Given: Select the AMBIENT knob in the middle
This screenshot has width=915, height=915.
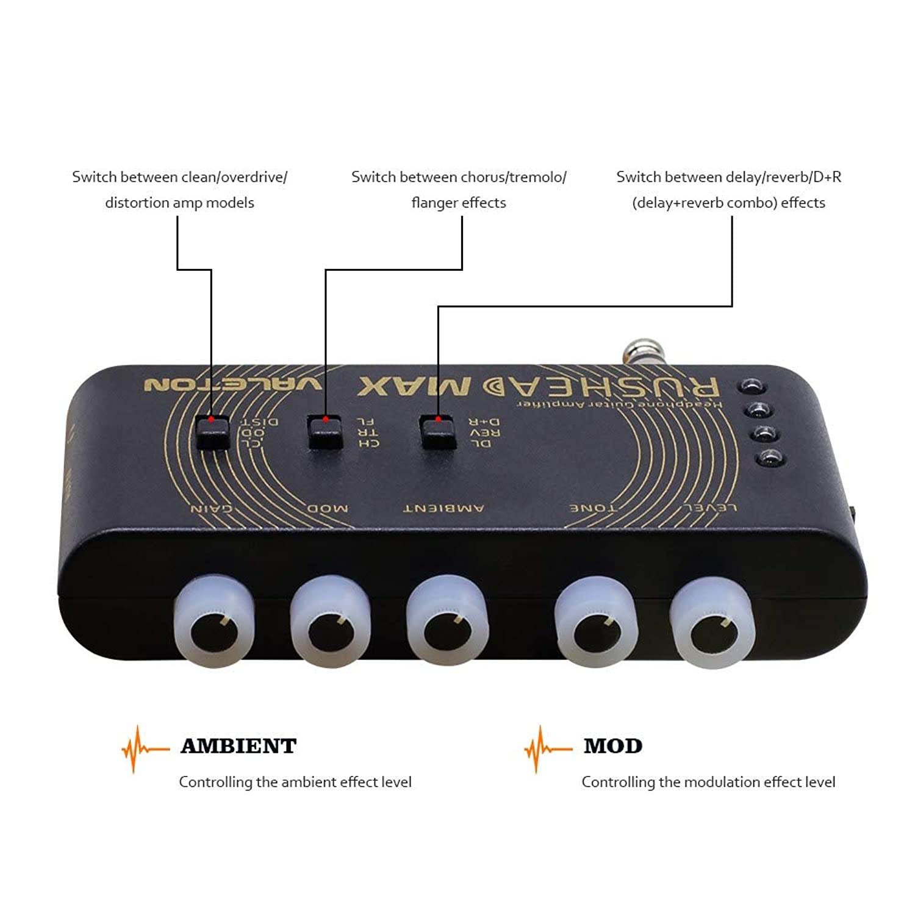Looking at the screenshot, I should pos(447,622).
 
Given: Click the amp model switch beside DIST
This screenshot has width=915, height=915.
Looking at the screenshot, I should pos(213,433).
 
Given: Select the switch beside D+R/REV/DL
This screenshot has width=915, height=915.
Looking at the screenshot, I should pos(438,432).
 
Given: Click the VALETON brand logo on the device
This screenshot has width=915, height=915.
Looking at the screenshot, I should pos(233,384).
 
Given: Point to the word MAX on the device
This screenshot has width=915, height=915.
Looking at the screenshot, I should pos(415,386).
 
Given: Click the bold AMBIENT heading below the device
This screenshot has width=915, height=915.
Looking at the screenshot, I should pos(238,745).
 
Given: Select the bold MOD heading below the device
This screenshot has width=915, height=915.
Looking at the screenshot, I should pos(612,745).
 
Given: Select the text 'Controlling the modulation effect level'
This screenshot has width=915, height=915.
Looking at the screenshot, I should pos(708,782).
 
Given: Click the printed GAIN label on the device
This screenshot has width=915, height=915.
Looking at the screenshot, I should pos(211,508).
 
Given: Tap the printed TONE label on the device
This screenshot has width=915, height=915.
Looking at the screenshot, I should pos(593,508).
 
